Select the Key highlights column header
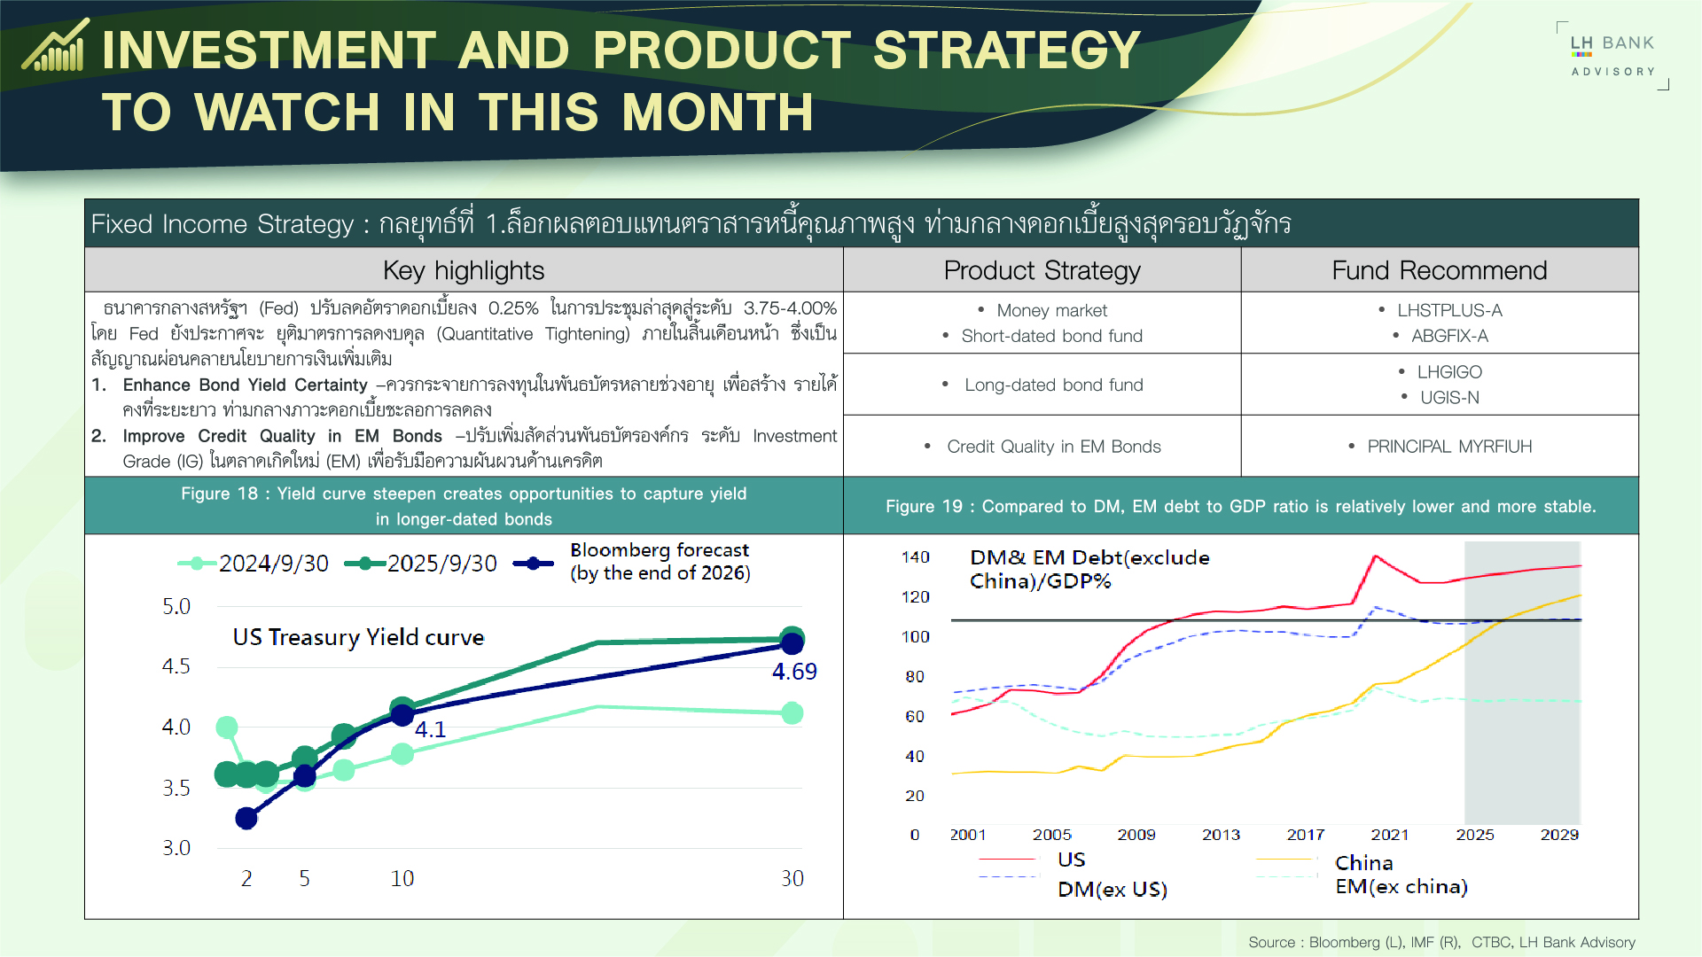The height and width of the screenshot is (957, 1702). tap(464, 270)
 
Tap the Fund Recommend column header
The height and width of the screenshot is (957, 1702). tap(1439, 270)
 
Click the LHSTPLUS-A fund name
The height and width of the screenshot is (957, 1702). tap(1449, 310)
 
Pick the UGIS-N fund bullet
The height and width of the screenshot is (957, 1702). tap(1449, 398)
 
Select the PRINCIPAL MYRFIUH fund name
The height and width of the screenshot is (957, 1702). tap(1449, 447)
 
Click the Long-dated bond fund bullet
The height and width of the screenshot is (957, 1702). tap(1053, 385)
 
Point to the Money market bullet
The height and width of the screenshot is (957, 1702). tap(1051, 310)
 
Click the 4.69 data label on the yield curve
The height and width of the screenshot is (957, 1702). tap(794, 672)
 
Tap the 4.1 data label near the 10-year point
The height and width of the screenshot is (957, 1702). tap(430, 729)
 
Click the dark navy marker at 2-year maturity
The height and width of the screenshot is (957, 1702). tap(246, 818)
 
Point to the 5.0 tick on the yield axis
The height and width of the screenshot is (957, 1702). tap(176, 607)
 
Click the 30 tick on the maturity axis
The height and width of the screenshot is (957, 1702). tap(792, 878)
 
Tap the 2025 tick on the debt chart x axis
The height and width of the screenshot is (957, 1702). tap(1474, 835)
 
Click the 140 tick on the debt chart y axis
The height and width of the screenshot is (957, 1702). tap(915, 557)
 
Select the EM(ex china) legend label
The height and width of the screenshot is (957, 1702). tap(1401, 887)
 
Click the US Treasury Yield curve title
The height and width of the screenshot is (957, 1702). tap(358, 637)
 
